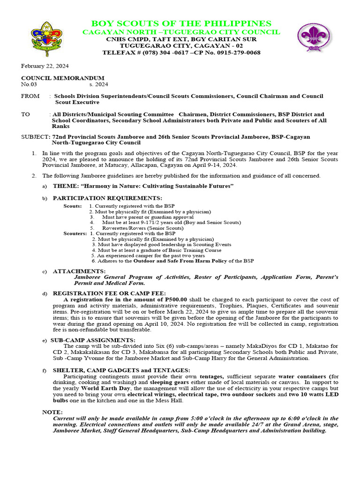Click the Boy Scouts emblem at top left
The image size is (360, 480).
click(x=46, y=38)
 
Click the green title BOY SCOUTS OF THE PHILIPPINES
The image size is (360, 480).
click(x=181, y=23)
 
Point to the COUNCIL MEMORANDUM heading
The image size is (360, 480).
click(x=63, y=78)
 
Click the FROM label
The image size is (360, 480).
click(x=30, y=96)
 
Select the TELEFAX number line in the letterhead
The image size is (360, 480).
click(x=181, y=53)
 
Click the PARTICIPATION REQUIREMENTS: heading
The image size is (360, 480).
click(x=107, y=198)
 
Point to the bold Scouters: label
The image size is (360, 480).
click(x=75, y=233)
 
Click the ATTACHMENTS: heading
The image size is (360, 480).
click(x=79, y=271)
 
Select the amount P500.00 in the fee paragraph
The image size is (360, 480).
click(x=176, y=299)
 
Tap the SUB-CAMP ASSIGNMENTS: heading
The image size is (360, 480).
click(x=93, y=340)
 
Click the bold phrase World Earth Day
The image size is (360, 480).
click(x=107, y=389)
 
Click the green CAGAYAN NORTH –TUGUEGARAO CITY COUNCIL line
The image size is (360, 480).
click(x=181, y=32)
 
